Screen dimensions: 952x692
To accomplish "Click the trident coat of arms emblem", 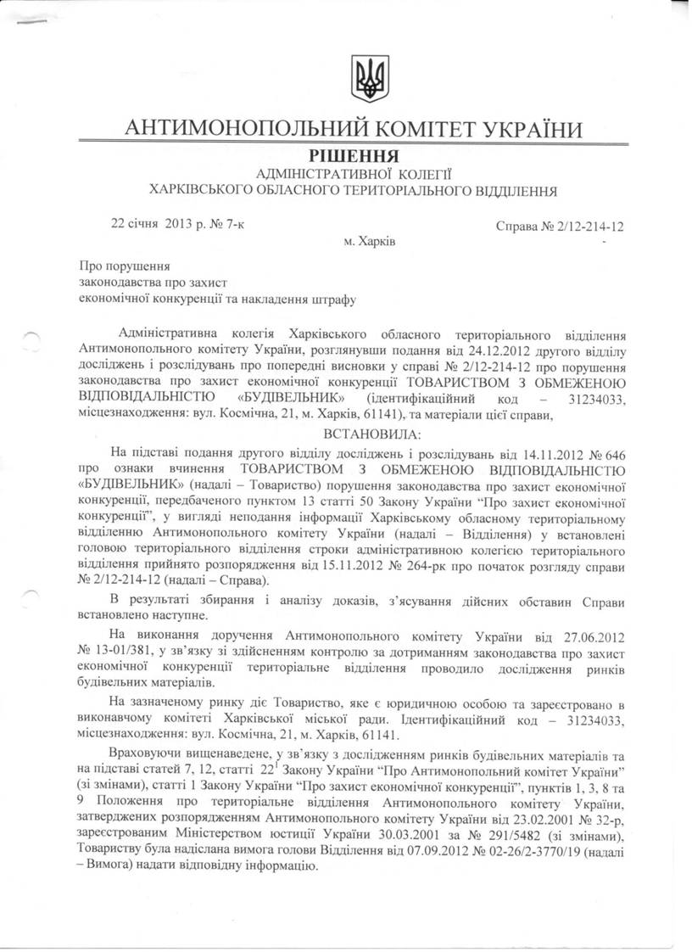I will tap(370, 80).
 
